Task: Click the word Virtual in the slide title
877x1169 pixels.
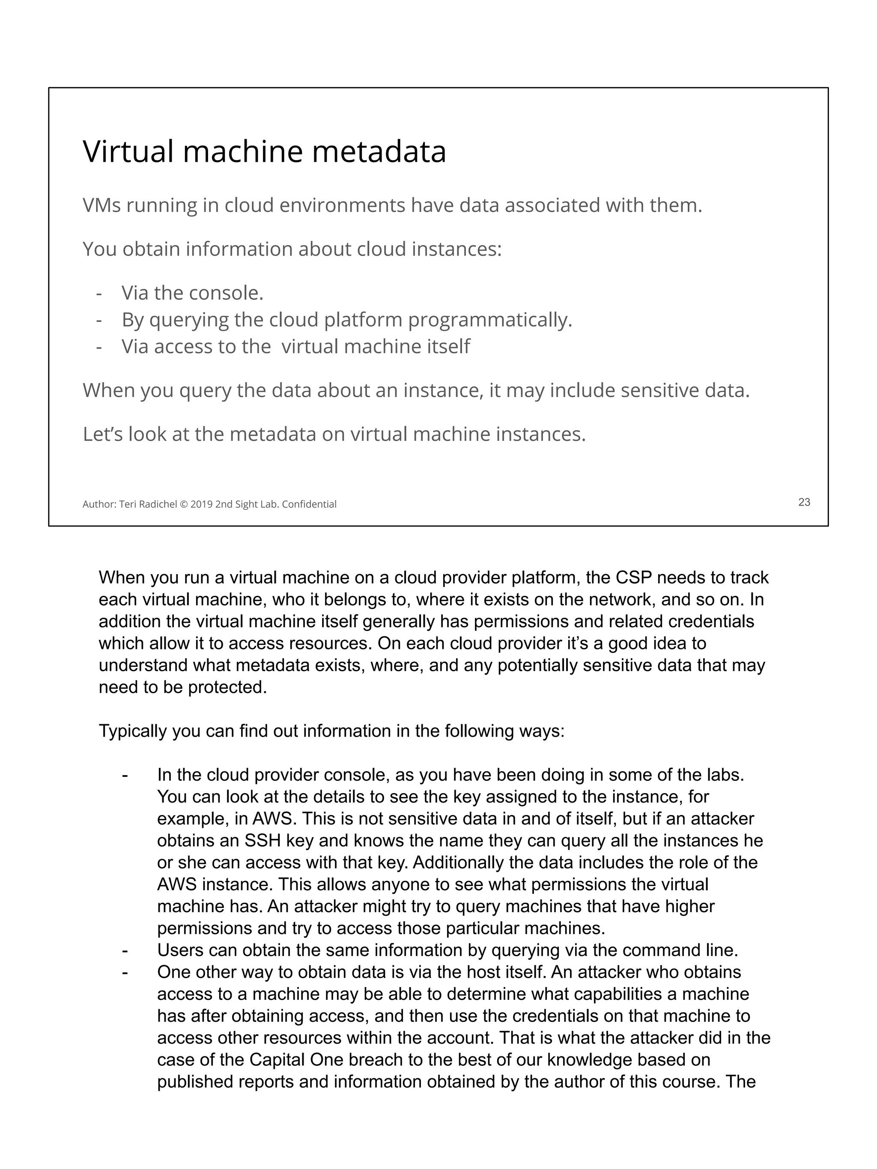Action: coord(128,152)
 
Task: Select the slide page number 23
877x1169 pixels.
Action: coord(803,502)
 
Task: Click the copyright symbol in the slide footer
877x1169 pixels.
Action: coord(183,505)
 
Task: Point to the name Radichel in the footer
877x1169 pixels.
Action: coord(158,505)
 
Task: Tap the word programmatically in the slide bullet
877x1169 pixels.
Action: coord(489,320)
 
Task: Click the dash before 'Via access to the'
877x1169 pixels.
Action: coord(99,347)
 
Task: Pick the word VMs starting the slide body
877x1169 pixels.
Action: coord(101,205)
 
